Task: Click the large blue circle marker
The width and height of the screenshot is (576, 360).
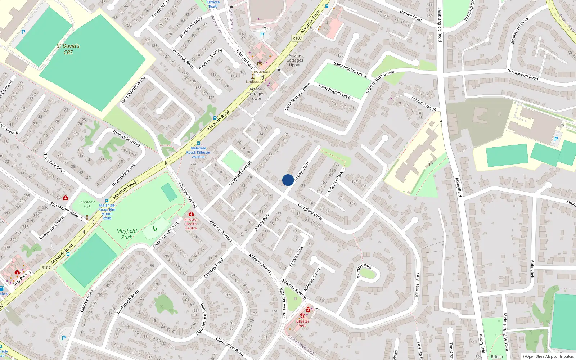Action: coord(288,180)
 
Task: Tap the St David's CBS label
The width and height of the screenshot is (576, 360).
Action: coord(68,49)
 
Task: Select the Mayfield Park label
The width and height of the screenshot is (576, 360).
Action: coord(127,234)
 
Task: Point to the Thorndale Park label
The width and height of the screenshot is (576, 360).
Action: coord(87,204)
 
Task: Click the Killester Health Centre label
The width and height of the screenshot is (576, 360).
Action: coord(191,224)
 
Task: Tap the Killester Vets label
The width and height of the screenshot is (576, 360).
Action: coord(302,323)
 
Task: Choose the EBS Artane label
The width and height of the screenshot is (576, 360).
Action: coord(261,72)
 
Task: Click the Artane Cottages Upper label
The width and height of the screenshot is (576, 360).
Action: coord(295,60)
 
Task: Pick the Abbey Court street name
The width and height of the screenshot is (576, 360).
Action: coord(302,171)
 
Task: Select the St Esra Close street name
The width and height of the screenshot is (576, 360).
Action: coord(297,256)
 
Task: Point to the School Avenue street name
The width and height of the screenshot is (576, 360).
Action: coord(424,103)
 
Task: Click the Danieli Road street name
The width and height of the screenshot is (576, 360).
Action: coord(411,15)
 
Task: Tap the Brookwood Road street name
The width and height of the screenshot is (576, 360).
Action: coord(523,75)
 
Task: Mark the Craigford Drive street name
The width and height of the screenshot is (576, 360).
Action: coord(310,211)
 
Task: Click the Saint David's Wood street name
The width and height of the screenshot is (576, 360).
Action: coord(133,90)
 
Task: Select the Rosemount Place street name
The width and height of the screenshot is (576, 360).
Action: coord(51,228)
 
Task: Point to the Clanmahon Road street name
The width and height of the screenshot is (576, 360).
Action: coord(230,346)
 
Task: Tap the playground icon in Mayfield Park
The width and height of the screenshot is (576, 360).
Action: coord(155,229)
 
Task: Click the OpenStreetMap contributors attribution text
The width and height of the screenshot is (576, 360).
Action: coord(548,356)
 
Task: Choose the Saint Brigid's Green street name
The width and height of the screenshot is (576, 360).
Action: coord(336,91)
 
